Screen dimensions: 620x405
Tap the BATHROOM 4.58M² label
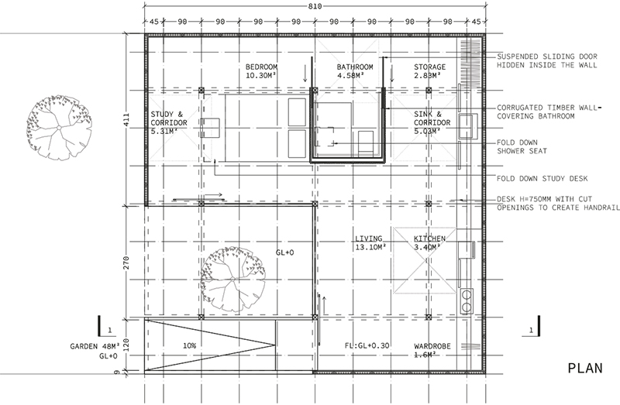coord(355,71)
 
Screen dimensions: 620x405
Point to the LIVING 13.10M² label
coord(370,242)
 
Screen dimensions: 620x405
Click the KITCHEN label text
coord(429,239)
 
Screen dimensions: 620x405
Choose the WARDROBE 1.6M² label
coord(432,350)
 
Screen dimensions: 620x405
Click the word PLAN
coord(585,369)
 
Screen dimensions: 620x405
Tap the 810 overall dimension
coord(315,6)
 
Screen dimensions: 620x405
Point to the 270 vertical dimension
coord(126,263)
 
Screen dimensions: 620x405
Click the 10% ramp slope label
coord(189,345)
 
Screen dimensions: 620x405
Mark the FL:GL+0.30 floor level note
coord(367,345)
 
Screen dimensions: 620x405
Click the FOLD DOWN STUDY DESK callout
coord(542,179)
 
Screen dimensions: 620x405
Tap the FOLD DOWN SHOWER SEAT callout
coord(522,146)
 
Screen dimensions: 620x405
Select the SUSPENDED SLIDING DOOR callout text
coord(547,61)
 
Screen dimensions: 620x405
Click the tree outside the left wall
coord(59,127)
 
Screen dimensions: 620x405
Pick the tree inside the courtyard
coord(233,279)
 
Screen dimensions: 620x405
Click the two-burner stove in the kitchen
coord(467,301)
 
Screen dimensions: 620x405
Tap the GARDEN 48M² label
coord(95,346)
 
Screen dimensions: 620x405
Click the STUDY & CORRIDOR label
coord(169,123)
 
